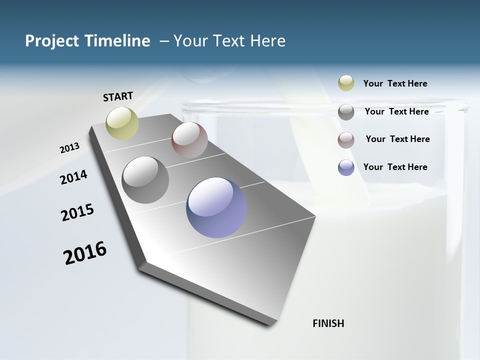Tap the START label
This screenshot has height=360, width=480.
[118, 96]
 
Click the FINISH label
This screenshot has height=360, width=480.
[328, 323]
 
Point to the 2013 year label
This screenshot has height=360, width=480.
[69, 148]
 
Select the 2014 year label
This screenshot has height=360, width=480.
[73, 177]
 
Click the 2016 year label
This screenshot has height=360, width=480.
[85, 252]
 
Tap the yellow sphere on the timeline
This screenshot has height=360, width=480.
[122, 123]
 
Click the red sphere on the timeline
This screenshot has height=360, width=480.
[189, 140]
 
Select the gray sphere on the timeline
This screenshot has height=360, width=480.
[145, 180]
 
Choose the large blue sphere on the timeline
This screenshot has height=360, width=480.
[216, 207]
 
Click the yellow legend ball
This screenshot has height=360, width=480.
[346, 83]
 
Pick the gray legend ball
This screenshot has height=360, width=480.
[346, 112]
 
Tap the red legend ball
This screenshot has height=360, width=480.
[346, 140]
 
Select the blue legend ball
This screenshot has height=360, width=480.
[346, 167]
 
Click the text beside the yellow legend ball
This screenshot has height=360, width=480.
[395, 83]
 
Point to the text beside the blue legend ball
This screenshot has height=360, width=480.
[395, 167]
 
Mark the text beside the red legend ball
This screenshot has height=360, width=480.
[397, 139]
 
